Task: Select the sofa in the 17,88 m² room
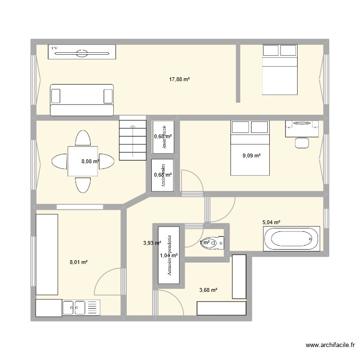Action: pos(82,100)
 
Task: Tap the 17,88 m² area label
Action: pos(180,79)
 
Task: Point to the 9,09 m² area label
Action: pos(252,156)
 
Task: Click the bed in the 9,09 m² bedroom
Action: pos(250,148)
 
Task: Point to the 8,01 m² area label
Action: pos(79,262)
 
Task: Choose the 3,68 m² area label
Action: pos(208,290)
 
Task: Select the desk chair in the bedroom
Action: pos(302,143)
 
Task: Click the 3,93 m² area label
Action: pos(152,243)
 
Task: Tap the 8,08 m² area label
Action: pos(90,161)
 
